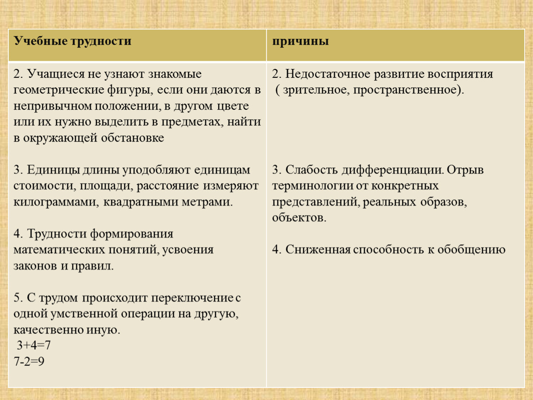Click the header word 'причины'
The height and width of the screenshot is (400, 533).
pos(300,41)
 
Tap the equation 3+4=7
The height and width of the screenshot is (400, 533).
pos(34,345)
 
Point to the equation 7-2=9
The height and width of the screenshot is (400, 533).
pos(29,361)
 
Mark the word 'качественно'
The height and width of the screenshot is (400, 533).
pos(48,330)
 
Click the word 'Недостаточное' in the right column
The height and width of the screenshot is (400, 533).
pos(328,74)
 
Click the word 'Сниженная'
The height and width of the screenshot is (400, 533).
pos(318,250)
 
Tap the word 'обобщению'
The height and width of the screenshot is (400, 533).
pos(471,250)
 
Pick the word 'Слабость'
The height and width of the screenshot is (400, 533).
pos(311,170)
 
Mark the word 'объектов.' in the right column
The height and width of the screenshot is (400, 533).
pos(299,218)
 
